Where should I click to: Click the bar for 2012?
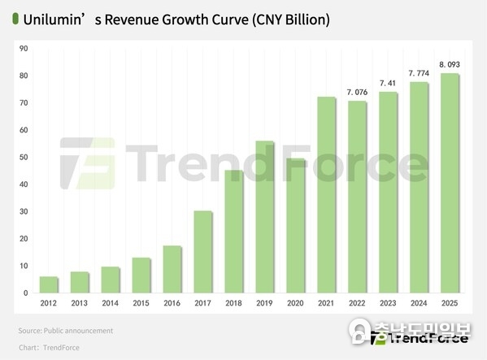(50, 284)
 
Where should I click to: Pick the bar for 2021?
(326, 195)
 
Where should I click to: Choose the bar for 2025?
(450, 183)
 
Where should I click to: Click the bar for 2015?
(141, 275)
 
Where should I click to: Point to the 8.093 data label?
(450, 64)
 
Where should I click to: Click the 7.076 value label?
(357, 92)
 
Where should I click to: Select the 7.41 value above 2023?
(388, 83)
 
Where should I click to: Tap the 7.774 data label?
(419, 73)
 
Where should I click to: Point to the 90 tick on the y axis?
(24, 49)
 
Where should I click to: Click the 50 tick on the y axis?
(24, 158)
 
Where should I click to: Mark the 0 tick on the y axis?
(26, 293)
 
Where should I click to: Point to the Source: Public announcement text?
(65, 331)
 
